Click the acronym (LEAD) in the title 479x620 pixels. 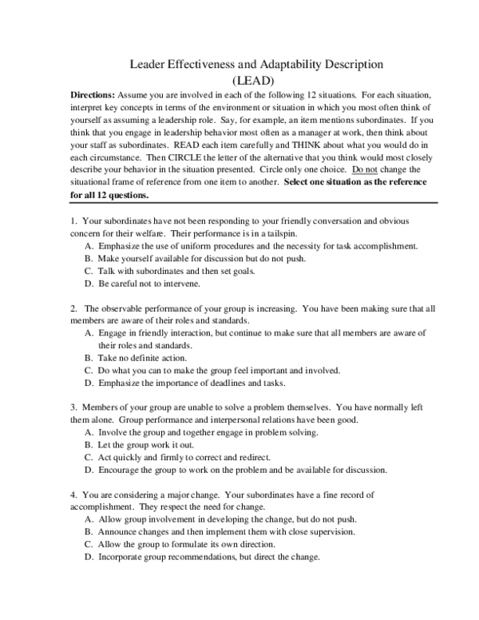(253, 80)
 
